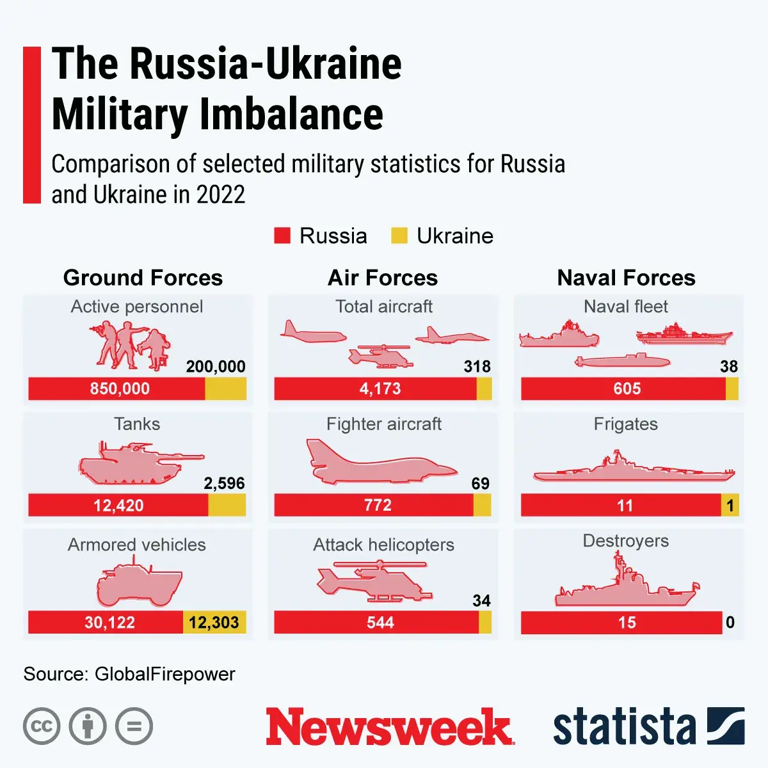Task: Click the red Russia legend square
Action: pos(282,236)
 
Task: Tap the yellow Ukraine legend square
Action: pos(399,236)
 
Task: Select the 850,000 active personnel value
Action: pos(120,388)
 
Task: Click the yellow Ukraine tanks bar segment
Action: pos(227,505)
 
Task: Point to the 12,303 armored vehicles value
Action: pos(214,622)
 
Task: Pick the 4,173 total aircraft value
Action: pos(380,388)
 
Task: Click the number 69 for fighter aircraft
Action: pos(480,483)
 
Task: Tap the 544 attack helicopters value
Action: pos(380,622)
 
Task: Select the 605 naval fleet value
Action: pos(627,388)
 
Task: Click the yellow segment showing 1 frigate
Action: pos(730,506)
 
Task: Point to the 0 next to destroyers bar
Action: pos(730,622)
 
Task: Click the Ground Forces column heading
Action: pos(143,278)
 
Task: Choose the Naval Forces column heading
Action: pos(626,278)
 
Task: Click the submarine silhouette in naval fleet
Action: pos(622,362)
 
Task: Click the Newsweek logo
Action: pos(389,726)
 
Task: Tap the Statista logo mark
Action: pos(725,726)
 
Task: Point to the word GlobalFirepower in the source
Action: pos(164,674)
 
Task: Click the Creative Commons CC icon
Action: pos(42,726)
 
